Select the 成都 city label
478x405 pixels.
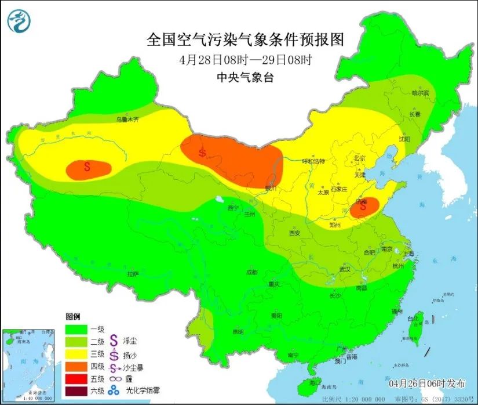(x=251, y=272)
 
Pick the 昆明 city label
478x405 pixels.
(x=238, y=332)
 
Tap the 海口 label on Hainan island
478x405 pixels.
(x=315, y=383)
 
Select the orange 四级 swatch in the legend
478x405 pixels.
(x=76, y=366)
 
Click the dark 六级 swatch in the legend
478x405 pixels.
(x=76, y=391)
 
